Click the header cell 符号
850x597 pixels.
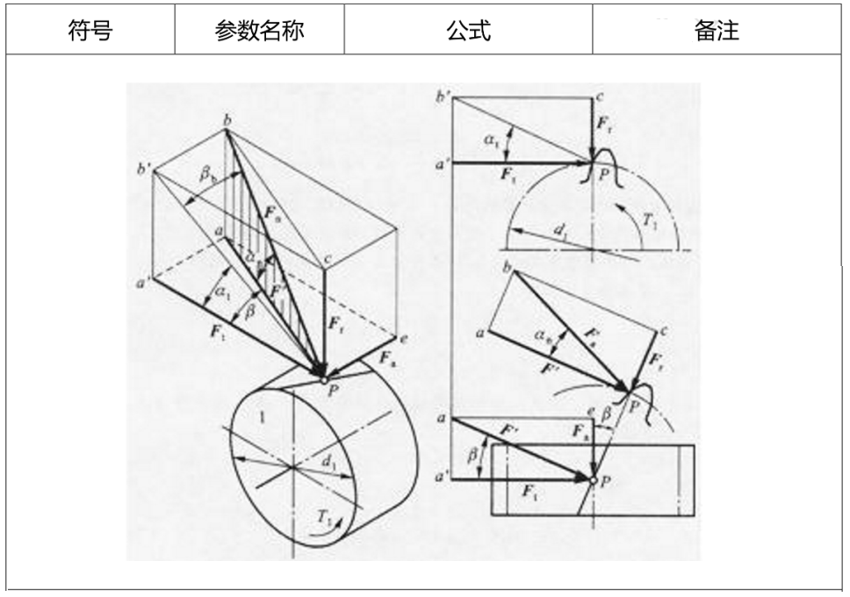(90, 31)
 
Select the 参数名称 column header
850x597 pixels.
(259, 31)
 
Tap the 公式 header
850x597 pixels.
(468, 31)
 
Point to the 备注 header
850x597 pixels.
(717, 31)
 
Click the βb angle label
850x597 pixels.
(209, 175)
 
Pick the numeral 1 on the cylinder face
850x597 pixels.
(261, 419)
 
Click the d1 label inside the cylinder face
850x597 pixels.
(331, 459)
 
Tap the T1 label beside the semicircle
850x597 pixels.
(651, 222)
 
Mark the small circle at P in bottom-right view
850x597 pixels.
(593, 480)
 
